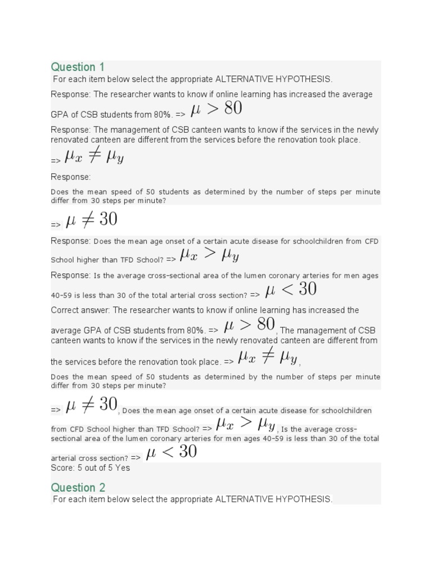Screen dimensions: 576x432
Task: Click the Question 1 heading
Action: coord(78,67)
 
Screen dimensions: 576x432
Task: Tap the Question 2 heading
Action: coord(78,487)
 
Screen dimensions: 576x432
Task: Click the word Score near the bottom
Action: coord(62,468)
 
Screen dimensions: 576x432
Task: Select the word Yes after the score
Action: coord(123,468)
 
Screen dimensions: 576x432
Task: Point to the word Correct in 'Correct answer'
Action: coord(65,310)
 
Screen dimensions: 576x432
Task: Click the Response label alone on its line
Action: coord(70,177)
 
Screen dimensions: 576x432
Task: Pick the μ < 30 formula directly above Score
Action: coord(171,452)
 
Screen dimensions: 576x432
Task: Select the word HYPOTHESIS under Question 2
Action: coord(304,499)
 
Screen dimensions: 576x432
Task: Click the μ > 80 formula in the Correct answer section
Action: coord(249,325)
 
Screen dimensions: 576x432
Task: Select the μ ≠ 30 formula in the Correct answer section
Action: coord(91,404)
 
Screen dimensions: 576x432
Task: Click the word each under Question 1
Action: coord(76,79)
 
